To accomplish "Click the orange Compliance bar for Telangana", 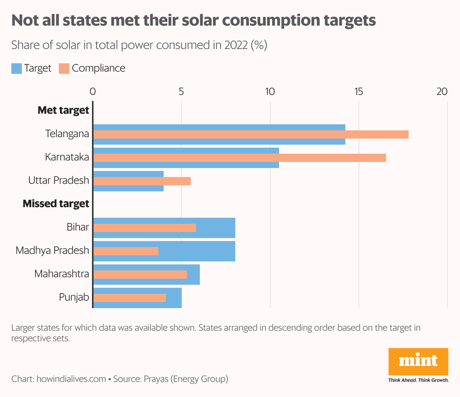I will pos(251,134).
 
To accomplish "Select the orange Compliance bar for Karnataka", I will pos(239,158).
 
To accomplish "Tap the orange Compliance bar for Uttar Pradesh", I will pos(142,181).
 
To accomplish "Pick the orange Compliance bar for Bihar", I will pos(144,228).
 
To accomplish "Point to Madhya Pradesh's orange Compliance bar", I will pos(126,251).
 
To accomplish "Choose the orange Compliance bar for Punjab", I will pos(129,298).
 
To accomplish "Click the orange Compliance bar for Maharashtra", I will pos(140,275).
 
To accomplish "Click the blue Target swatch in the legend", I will pos(17,69).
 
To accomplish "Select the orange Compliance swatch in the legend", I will pos(64,69).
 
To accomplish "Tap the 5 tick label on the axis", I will pos(181,92).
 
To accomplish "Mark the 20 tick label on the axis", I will pos(442,92).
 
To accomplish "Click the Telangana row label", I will pos(67,134).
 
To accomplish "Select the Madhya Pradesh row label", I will pos(52,250).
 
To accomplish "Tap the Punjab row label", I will pos(74,297).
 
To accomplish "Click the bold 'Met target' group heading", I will pos(63,110).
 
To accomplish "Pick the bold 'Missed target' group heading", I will pos(56,204).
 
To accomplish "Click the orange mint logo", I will pos(418,362).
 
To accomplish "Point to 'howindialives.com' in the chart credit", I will pos(71,379).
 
